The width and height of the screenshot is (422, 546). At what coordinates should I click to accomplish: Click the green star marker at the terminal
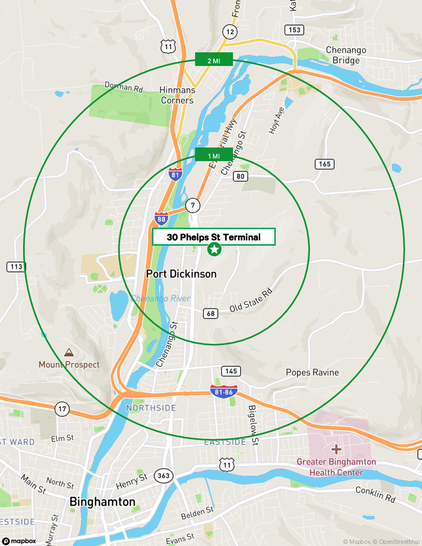pos(214,249)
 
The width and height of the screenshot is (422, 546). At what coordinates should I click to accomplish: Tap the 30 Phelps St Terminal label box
pos(214,237)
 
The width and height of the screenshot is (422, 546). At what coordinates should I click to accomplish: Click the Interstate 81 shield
pos(176,174)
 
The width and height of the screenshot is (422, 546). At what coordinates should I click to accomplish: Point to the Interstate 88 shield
pos(161,218)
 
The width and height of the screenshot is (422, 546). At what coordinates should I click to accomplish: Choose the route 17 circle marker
pos(62,409)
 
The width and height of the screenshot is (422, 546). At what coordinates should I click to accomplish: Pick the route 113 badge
pos(16,267)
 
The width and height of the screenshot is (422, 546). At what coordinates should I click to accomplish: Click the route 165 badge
pos(324,164)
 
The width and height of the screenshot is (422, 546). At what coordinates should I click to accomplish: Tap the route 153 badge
pos(294,30)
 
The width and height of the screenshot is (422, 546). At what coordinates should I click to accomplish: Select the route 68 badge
pos(210,313)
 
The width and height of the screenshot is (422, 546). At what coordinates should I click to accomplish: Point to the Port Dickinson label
pos(181,274)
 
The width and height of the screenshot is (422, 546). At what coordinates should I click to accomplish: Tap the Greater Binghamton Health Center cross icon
pos(336,450)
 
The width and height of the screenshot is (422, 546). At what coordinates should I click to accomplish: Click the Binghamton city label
pos(102,502)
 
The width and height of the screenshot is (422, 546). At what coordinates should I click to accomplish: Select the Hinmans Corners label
pos(177,95)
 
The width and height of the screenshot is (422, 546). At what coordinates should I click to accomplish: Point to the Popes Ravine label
pos(312,373)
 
